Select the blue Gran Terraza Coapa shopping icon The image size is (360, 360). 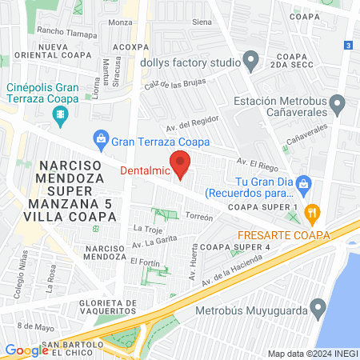[101, 141]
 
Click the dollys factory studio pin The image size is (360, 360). [250, 60]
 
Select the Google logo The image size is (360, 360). [26, 350]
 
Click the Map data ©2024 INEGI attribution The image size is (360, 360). [312, 353]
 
